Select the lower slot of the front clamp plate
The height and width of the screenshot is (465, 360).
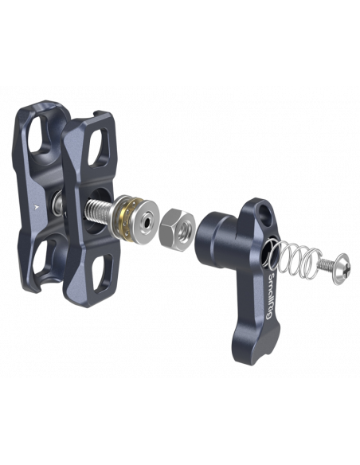tap(102, 271)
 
